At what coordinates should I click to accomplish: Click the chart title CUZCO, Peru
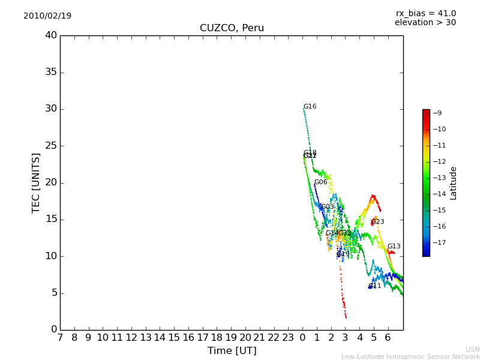pyautogui.click(x=232, y=28)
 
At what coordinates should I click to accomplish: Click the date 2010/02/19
pyautogui.click(x=47, y=16)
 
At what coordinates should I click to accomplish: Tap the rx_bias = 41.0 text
pyautogui.click(x=426, y=13)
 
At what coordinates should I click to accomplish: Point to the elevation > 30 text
pyautogui.click(x=425, y=23)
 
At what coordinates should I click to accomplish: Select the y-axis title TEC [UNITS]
pyautogui.click(x=36, y=182)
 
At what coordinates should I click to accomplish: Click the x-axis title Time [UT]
pyautogui.click(x=232, y=350)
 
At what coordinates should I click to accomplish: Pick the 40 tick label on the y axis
pyautogui.click(x=51, y=35)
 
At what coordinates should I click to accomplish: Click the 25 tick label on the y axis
pyautogui.click(x=51, y=146)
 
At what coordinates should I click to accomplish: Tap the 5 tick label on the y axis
pyautogui.click(x=53, y=293)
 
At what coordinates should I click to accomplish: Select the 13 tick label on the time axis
pyautogui.click(x=146, y=338)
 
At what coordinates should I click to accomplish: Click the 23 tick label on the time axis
pyautogui.click(x=288, y=338)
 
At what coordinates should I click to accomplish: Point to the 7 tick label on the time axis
pyautogui.click(x=60, y=338)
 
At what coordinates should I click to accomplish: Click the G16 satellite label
pyautogui.click(x=310, y=107)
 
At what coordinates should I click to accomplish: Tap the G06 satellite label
pyautogui.click(x=321, y=182)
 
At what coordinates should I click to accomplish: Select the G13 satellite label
pyautogui.click(x=394, y=247)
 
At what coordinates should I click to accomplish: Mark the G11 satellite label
pyautogui.click(x=375, y=286)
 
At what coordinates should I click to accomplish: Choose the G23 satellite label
pyautogui.click(x=378, y=222)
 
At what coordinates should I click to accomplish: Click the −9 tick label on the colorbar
pyautogui.click(x=437, y=113)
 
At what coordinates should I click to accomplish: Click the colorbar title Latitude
pyautogui.click(x=454, y=182)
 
